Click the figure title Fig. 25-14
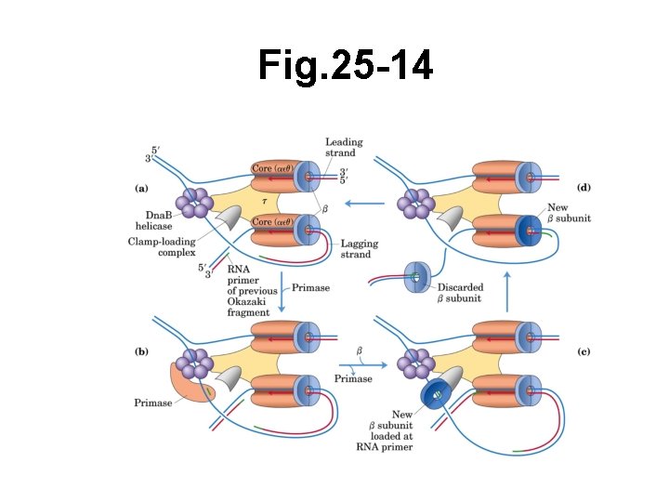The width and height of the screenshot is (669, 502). [x=345, y=67]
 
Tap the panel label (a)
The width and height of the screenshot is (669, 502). [x=141, y=188]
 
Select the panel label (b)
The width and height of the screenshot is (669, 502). [x=141, y=351]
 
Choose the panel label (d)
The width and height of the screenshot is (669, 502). [x=584, y=188]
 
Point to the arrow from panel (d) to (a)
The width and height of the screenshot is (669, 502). [x=367, y=203]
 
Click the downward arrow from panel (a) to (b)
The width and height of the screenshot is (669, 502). [x=281, y=292]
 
